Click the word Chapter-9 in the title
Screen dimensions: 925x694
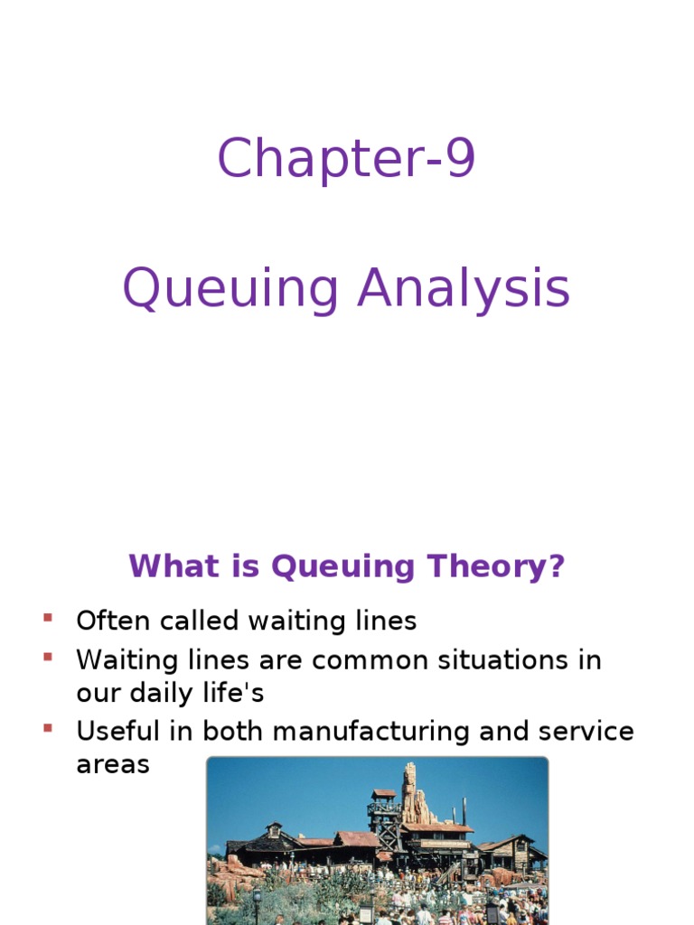346,159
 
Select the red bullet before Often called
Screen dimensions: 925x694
47,618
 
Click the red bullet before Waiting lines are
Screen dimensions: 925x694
47,657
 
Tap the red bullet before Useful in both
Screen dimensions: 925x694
47,727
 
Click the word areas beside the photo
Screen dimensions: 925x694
112,765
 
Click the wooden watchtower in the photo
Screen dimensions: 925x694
384,813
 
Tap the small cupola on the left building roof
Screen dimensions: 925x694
273,829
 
